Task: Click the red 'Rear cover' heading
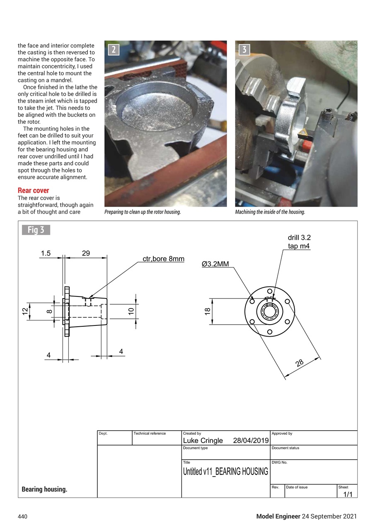tap(33, 190)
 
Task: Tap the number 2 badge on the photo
tap(114, 50)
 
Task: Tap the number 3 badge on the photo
tap(244, 50)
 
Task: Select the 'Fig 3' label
tap(36, 230)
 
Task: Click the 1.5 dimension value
tap(46, 253)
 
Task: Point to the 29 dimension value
tap(86, 253)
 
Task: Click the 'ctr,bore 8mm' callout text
tap(163, 259)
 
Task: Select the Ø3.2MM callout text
tap(215, 264)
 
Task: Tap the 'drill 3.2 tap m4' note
tap(299, 242)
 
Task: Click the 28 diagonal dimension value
tap(300, 363)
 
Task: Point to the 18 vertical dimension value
tap(208, 311)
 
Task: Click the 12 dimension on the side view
tap(25, 311)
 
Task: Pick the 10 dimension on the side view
tap(131, 311)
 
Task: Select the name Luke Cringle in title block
tap(203, 440)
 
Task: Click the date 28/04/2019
tap(251, 440)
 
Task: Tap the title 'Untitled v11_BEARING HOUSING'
tap(225, 471)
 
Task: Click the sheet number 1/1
tap(347, 494)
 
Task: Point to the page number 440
tap(22, 516)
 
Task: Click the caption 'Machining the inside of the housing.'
tap(270, 212)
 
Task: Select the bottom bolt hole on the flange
tap(270, 332)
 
